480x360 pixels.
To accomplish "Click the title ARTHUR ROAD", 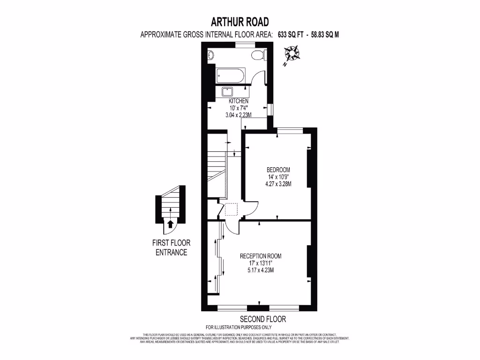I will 240,22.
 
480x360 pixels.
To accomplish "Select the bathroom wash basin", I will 210,54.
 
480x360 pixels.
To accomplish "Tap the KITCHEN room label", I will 238,101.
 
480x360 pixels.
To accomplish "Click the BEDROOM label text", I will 278,170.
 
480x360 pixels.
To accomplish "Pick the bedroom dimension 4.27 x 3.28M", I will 278,184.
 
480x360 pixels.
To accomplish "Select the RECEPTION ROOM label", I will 261,256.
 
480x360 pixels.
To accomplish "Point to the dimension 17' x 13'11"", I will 261,263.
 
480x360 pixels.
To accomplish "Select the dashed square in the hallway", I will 232,210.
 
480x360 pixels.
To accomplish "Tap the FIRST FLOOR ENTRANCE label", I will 171,247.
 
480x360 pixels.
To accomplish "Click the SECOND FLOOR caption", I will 260,319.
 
